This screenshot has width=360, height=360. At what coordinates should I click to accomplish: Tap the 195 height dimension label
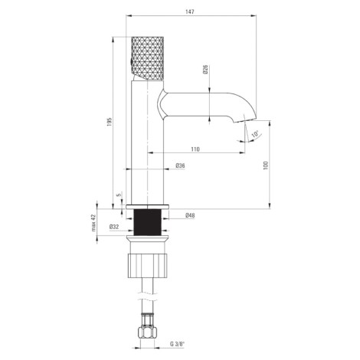pyautogui.click(x=110, y=122)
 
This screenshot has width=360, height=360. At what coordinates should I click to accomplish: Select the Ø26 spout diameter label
pyautogui.click(x=206, y=70)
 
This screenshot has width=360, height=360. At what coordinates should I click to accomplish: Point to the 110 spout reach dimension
pyautogui.click(x=195, y=149)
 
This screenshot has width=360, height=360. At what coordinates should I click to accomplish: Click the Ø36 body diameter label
pyautogui.click(x=180, y=165)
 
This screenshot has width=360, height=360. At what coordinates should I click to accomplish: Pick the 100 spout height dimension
pyautogui.click(x=266, y=165)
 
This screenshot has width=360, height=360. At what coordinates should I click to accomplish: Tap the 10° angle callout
pyautogui.click(x=255, y=134)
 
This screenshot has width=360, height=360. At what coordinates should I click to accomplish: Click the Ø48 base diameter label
pyautogui.click(x=190, y=215)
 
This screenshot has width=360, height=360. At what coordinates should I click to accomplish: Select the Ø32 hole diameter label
pyautogui.click(x=114, y=227)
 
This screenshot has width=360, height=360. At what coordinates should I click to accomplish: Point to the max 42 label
pyautogui.click(x=93, y=222)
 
